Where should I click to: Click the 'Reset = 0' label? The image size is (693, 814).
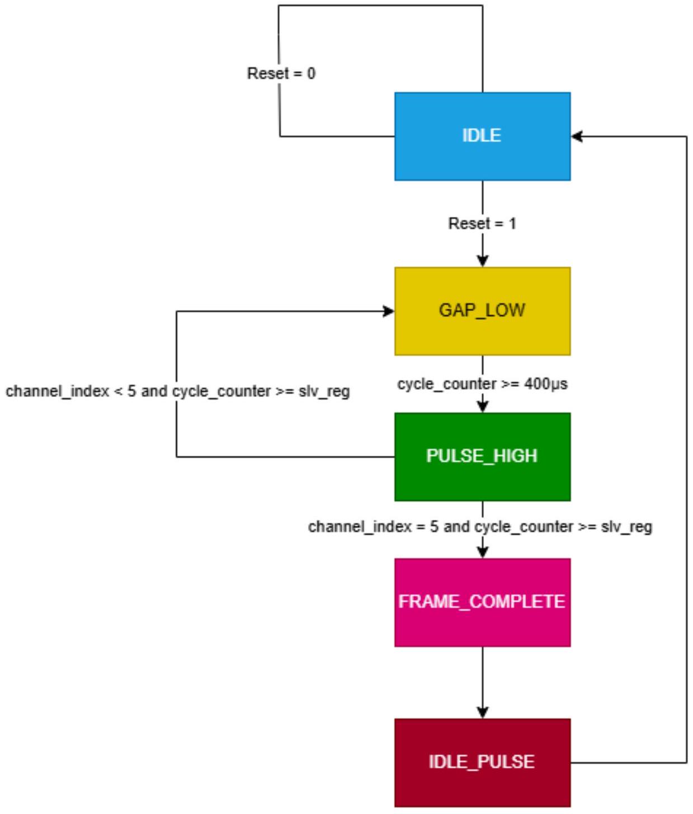click(x=281, y=73)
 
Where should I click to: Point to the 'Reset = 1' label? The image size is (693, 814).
click(x=482, y=224)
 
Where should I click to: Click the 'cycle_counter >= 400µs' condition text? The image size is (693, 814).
click(x=482, y=384)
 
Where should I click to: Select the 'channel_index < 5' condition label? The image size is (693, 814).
click(x=178, y=391)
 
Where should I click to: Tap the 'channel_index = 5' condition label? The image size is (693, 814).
click(x=480, y=527)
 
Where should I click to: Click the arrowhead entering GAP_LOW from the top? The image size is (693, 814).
click(x=482, y=261)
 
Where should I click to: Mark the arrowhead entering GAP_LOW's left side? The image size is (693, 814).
click(x=389, y=311)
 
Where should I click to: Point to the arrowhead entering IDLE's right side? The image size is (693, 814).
click(x=577, y=136)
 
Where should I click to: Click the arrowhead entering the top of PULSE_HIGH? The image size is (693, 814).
click(x=482, y=407)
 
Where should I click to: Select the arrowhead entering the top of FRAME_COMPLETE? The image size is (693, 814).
click(x=482, y=552)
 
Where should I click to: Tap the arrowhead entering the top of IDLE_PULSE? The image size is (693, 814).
click(x=482, y=713)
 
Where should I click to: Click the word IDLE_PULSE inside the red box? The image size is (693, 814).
click(x=482, y=761)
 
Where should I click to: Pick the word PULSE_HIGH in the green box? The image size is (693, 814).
click(x=482, y=456)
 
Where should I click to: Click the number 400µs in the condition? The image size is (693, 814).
click(x=546, y=384)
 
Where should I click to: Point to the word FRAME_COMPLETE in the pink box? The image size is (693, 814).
click(x=482, y=602)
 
